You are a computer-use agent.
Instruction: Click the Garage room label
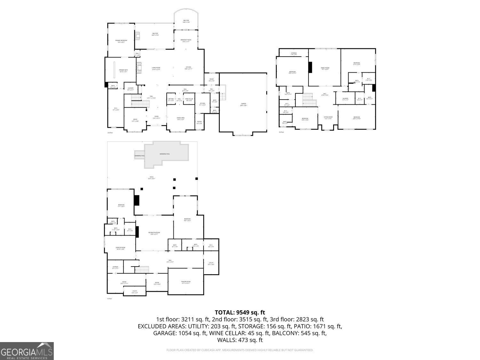click(244, 104)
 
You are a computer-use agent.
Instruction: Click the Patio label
click(152, 178)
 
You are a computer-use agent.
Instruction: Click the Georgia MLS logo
click(27, 351)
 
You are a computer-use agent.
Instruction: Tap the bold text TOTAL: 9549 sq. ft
click(240, 312)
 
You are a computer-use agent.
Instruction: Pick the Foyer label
click(156, 117)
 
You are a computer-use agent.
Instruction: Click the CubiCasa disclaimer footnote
click(240, 350)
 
